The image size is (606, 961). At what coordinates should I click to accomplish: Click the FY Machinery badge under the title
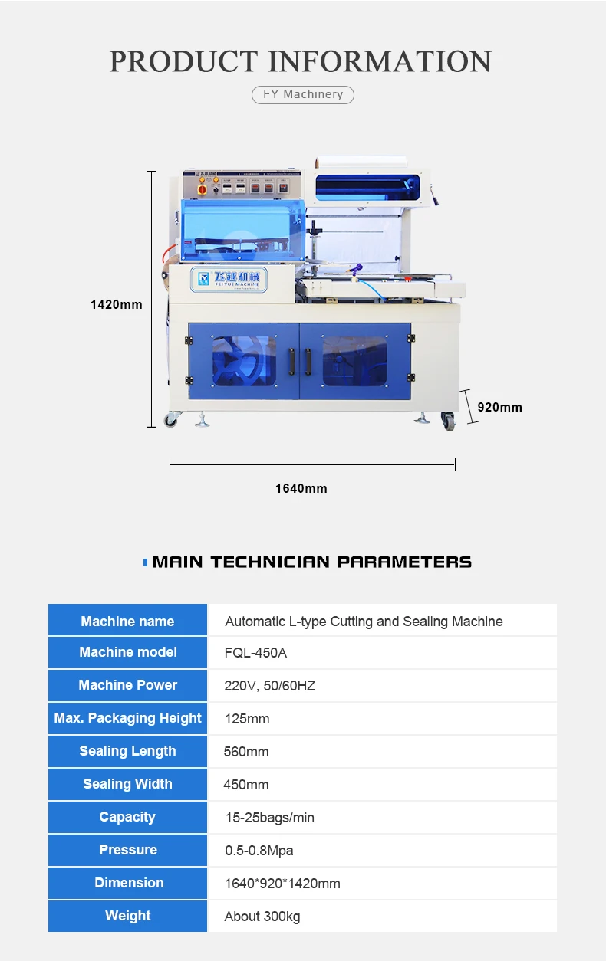click(303, 94)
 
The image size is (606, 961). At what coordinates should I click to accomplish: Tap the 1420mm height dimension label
click(117, 304)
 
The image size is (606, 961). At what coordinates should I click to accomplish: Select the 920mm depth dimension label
click(499, 407)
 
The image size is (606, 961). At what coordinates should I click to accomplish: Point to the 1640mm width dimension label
click(301, 488)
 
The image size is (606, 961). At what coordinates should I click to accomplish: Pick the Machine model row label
click(128, 652)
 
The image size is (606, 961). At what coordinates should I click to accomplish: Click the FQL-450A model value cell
click(256, 653)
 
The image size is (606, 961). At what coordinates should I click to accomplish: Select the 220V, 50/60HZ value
click(270, 686)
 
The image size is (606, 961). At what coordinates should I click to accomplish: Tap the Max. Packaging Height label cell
click(128, 718)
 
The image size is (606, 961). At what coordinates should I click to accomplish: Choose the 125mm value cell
click(247, 719)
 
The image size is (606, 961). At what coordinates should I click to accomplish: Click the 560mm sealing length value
click(246, 752)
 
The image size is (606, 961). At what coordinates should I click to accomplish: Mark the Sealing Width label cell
click(128, 784)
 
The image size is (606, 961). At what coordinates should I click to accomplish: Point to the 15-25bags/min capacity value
click(269, 818)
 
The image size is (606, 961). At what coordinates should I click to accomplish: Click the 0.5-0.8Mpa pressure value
click(259, 851)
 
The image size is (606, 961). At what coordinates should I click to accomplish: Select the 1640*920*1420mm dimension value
click(282, 884)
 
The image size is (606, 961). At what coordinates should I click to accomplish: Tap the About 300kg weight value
click(262, 917)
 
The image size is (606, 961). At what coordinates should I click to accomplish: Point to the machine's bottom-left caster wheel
click(170, 419)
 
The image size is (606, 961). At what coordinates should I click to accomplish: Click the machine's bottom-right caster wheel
click(448, 420)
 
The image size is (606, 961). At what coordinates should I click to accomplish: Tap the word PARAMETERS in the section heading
click(404, 562)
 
